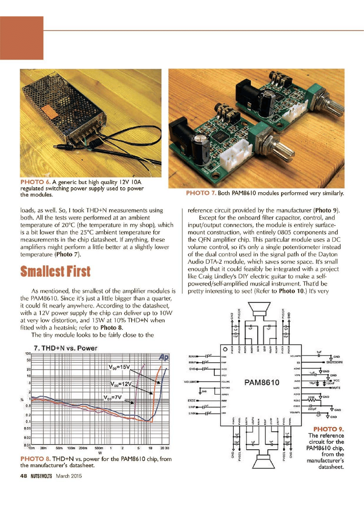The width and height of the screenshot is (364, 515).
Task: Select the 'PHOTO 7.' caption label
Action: coord(201,193)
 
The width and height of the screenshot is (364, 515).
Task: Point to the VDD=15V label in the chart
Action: coord(118,366)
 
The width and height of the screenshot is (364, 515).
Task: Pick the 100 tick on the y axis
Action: coord(28,354)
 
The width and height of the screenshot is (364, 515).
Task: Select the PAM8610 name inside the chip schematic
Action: coord(262,383)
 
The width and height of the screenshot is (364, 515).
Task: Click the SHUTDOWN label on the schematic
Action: coord(335,362)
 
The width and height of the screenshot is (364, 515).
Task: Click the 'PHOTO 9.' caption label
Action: coord(329,428)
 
